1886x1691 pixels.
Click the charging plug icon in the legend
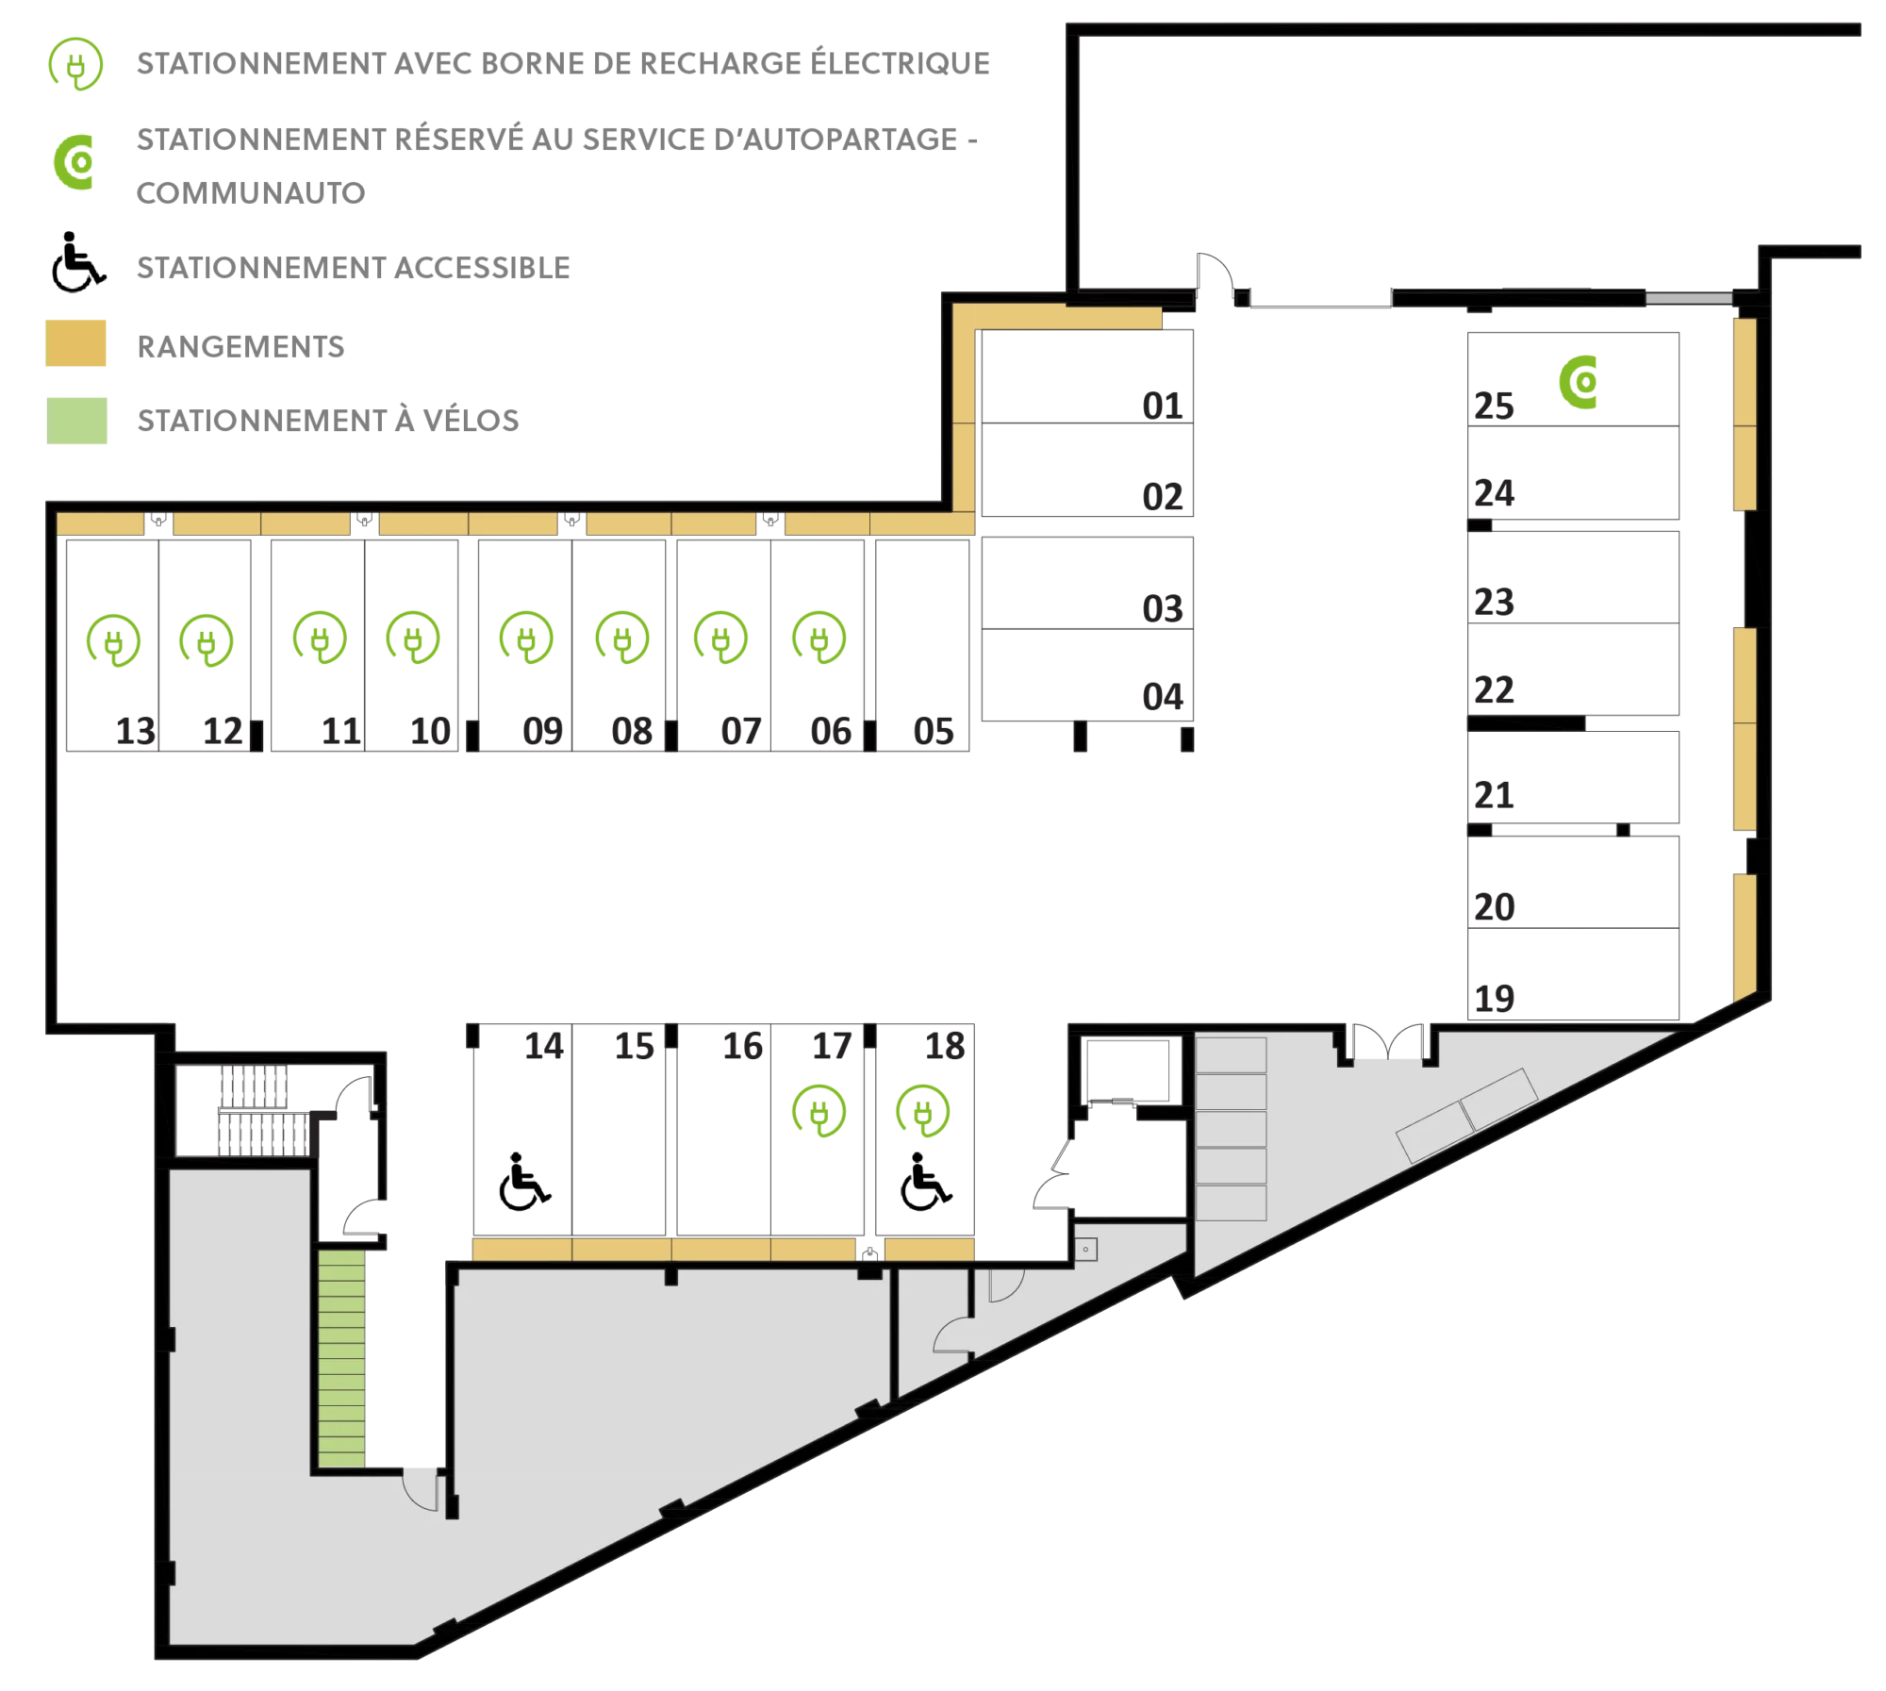(74, 65)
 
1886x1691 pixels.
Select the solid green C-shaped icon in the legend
(76, 162)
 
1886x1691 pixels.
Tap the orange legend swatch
(79, 342)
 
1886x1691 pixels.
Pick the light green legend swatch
(79, 418)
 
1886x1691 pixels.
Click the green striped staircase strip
(341, 1358)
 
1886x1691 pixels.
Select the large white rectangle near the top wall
(1139, 75)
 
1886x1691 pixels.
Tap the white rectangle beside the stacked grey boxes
(1142, 1189)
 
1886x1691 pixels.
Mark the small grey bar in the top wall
(1689, 298)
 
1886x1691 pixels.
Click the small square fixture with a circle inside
(1087, 1250)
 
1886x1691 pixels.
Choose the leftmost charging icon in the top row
(113, 640)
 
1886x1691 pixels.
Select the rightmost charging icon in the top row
(821, 638)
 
